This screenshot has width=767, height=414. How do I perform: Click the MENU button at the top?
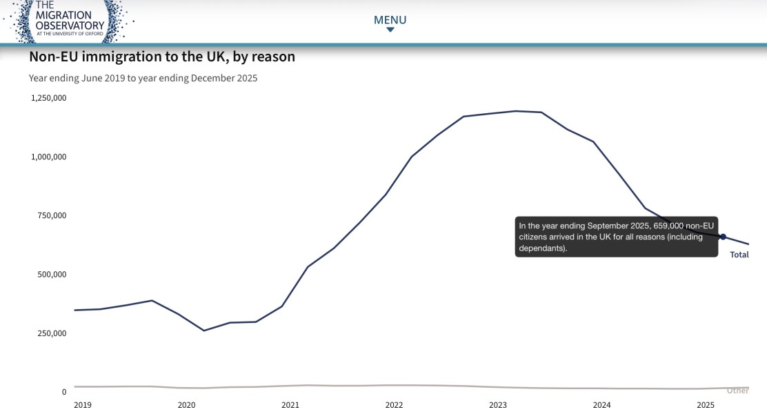[x=390, y=22]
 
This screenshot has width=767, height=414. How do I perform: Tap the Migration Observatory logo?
[x=68, y=21]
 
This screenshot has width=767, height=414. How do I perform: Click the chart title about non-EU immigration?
[x=162, y=57]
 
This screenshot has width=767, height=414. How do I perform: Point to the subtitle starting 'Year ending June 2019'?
[x=143, y=78]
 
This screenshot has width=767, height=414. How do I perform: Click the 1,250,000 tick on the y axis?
[x=49, y=98]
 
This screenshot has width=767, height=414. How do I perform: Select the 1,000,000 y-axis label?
[x=49, y=157]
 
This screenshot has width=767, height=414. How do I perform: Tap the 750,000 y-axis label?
[x=52, y=215]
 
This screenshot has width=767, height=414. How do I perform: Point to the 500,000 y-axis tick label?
[x=52, y=274]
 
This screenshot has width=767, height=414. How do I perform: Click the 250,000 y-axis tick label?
[x=52, y=333]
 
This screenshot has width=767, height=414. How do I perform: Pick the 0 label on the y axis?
[x=64, y=391]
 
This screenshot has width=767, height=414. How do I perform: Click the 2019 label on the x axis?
[x=83, y=405]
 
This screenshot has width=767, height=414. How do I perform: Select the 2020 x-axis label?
[x=186, y=405]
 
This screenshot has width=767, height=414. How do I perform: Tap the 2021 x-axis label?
[x=290, y=405]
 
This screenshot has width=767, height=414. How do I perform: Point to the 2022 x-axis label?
[x=395, y=405]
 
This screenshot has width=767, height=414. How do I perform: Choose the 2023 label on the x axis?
[x=498, y=405]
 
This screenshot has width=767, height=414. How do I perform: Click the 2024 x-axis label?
[x=601, y=405]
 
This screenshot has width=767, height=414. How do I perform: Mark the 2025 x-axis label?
[x=706, y=405]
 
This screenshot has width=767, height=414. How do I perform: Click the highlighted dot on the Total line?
[x=723, y=237]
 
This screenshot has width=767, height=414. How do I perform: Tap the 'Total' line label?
[x=739, y=255]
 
